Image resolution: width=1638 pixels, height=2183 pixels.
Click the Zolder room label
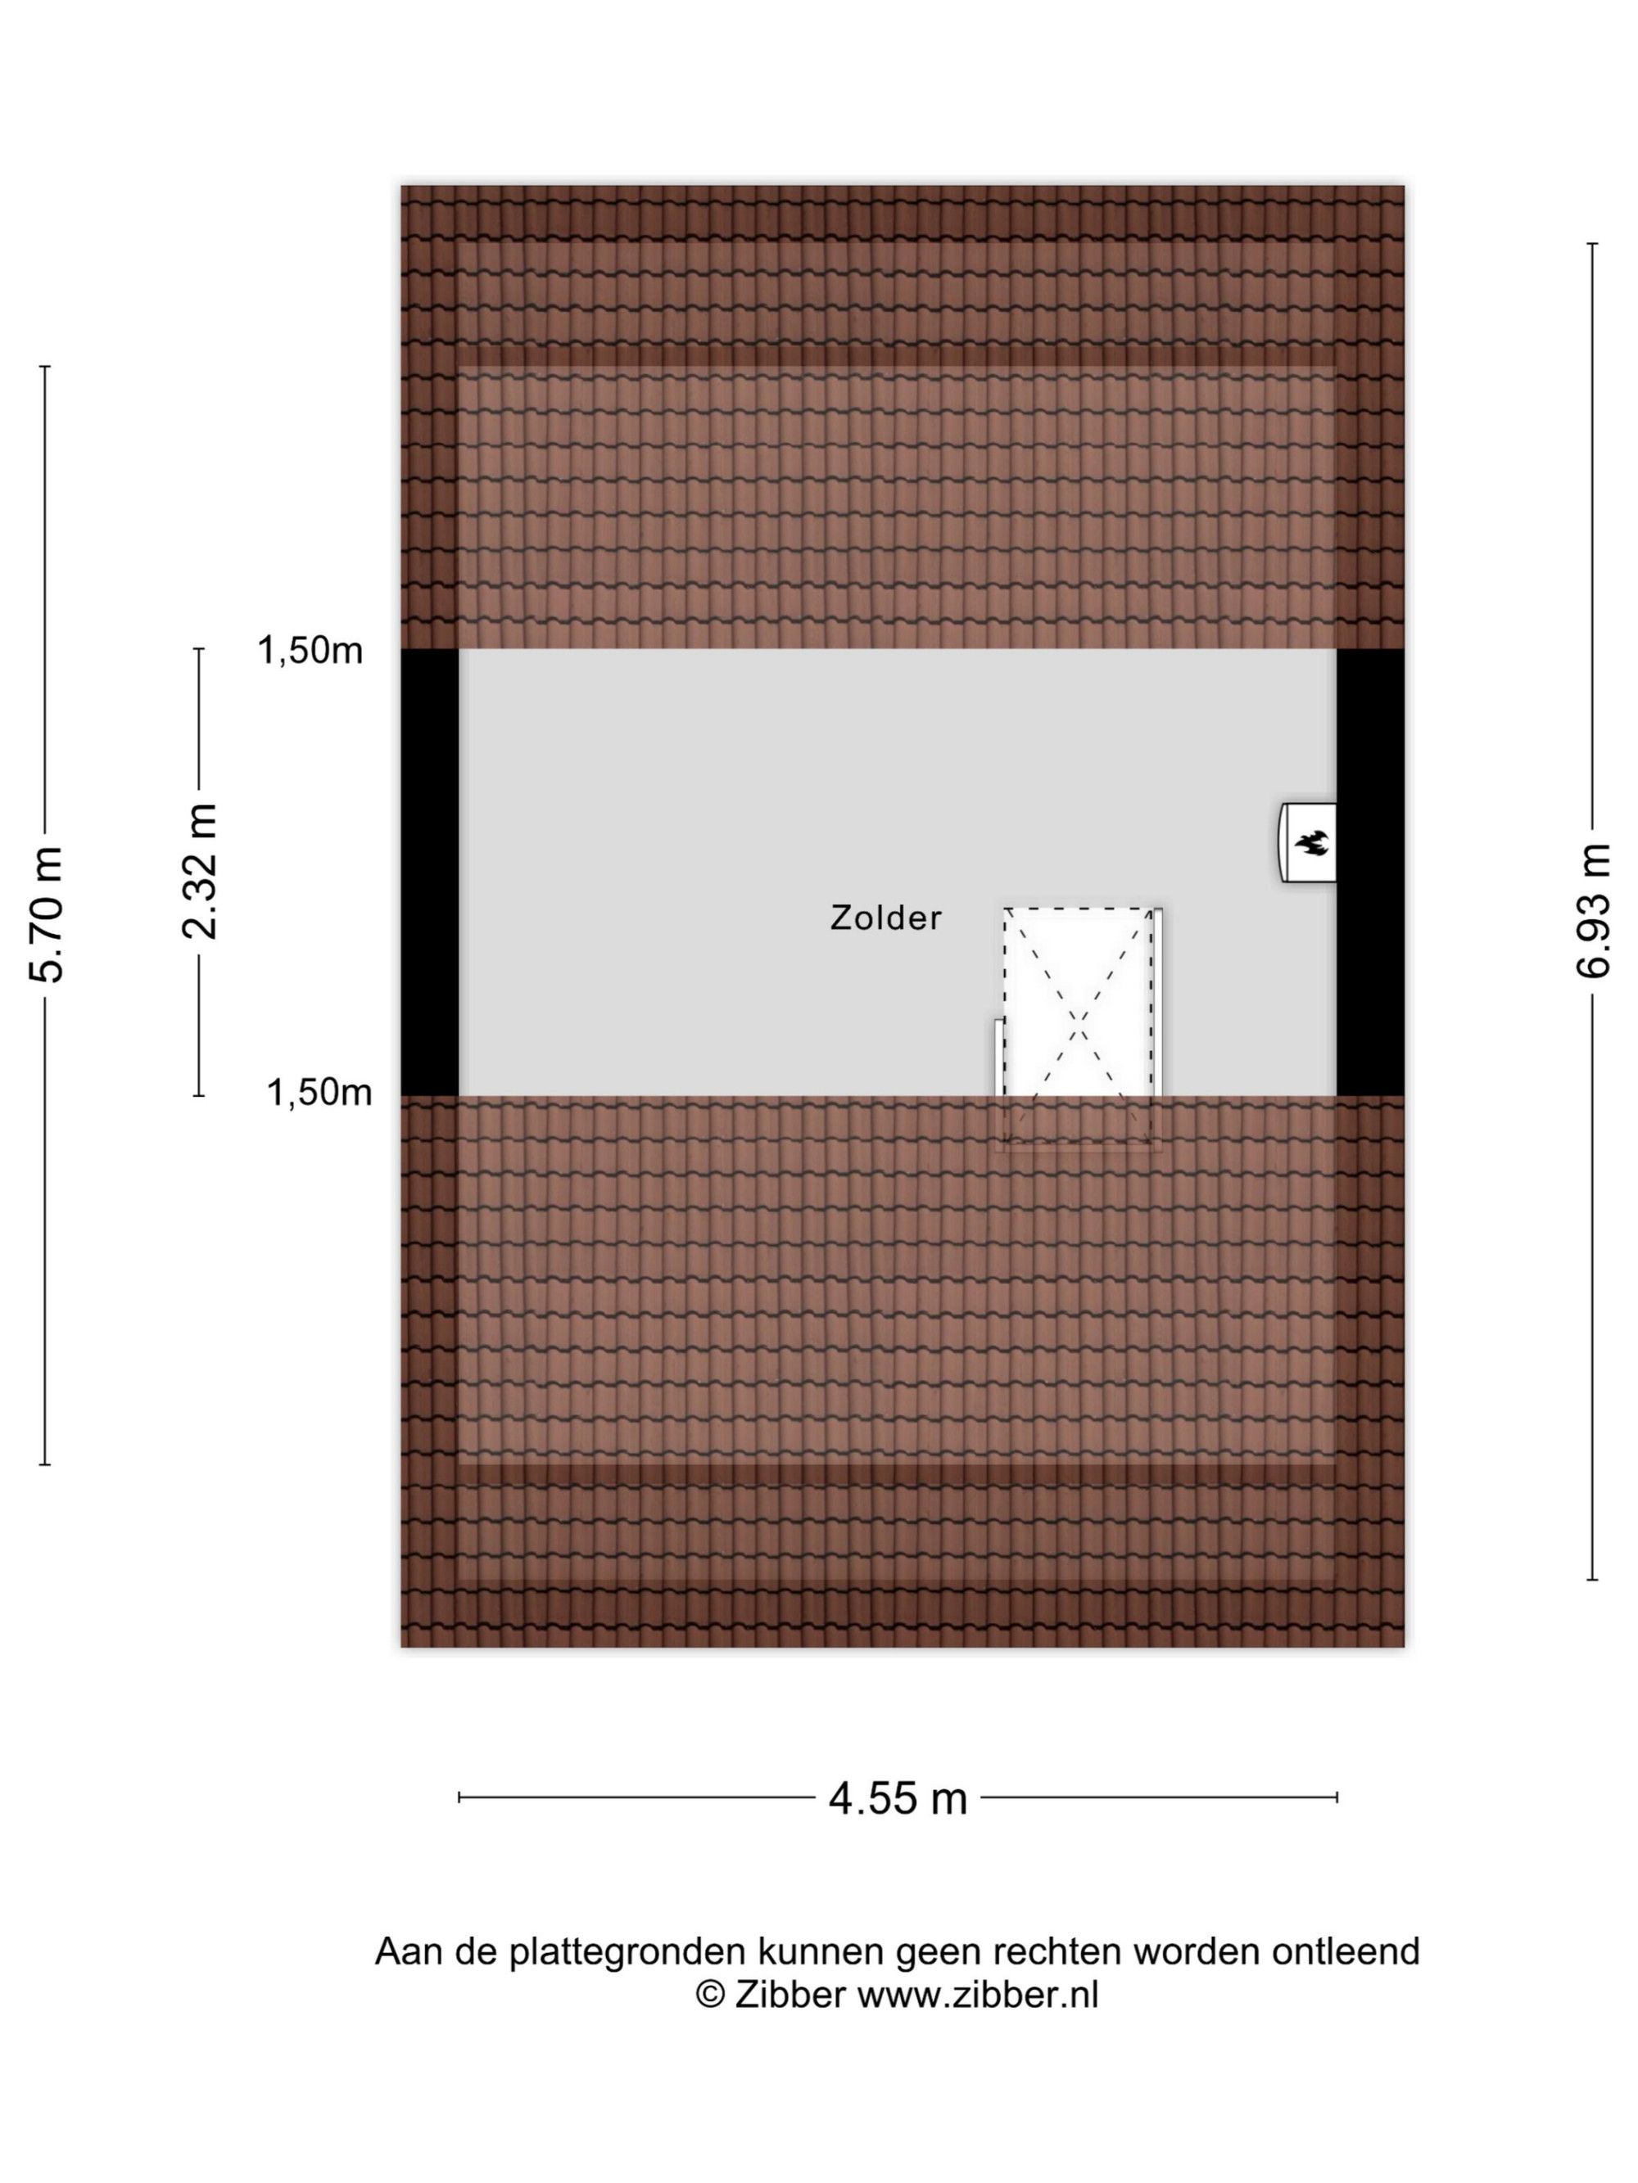coord(885,918)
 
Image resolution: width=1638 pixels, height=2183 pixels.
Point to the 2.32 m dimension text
coord(200,872)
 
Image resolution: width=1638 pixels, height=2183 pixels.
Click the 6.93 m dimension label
coord(1593,911)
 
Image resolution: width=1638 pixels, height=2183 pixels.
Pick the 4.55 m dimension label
coord(898,1798)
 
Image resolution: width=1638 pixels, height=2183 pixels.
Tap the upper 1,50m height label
coord(310,651)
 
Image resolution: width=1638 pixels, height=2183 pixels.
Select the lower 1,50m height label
coord(319,1093)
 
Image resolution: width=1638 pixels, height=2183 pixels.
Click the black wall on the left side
coord(429,872)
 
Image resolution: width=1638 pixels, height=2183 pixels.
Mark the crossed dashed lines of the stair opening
coord(1078,1027)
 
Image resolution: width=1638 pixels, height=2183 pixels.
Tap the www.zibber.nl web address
coord(977,1995)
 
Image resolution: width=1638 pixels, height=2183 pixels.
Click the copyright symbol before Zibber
coord(710,1995)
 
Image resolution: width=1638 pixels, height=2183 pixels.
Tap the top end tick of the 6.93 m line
coord(1593,243)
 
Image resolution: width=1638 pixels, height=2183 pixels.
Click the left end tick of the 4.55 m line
coord(459,1797)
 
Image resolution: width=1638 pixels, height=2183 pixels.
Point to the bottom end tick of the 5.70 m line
coord(45,1464)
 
